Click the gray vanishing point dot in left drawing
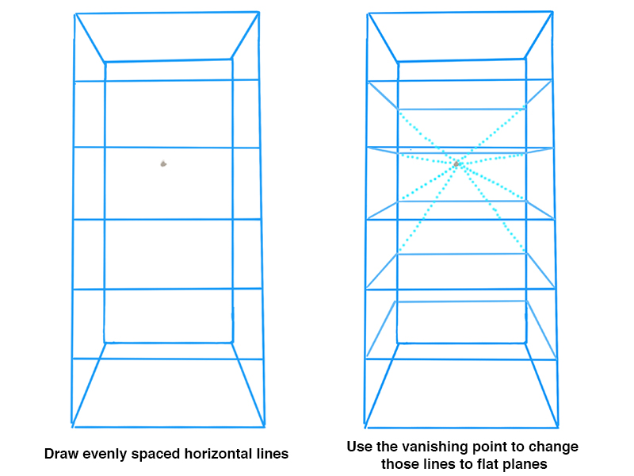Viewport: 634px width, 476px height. pyautogui.click(x=163, y=164)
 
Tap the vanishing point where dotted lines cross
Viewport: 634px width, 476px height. pyautogui.click(x=457, y=163)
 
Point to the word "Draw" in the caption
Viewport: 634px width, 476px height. pyautogui.click(x=59, y=455)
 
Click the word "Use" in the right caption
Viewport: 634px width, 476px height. pyautogui.click(x=359, y=447)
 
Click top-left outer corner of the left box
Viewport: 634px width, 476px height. pyautogui.click(x=74, y=14)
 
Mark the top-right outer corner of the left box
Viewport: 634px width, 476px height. pyautogui.click(x=258, y=12)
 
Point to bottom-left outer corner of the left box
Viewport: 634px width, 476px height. pyautogui.click(x=72, y=425)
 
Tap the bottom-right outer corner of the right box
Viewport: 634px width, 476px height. pyautogui.click(x=558, y=427)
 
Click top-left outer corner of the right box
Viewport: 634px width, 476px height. pyautogui.click(x=369, y=14)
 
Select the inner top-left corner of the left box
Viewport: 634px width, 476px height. pyautogui.click(x=105, y=62)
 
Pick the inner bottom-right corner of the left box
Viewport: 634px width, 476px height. pyautogui.click(x=233, y=343)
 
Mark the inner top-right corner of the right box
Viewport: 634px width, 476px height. pyautogui.click(x=525, y=59)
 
